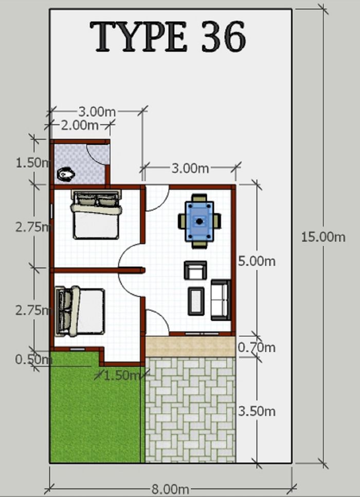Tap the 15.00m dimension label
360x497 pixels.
[323, 237]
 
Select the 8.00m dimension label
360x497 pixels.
[171, 489]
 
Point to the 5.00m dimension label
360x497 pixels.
[257, 261]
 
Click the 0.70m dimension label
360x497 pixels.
[257, 347]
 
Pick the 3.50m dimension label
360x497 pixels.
[257, 411]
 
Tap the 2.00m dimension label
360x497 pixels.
[79, 124]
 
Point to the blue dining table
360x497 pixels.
[200, 221]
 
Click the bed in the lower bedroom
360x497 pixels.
[80, 311]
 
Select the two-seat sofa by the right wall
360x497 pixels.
[221, 300]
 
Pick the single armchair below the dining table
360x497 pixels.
[195, 270]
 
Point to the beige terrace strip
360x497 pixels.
[190, 346]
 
